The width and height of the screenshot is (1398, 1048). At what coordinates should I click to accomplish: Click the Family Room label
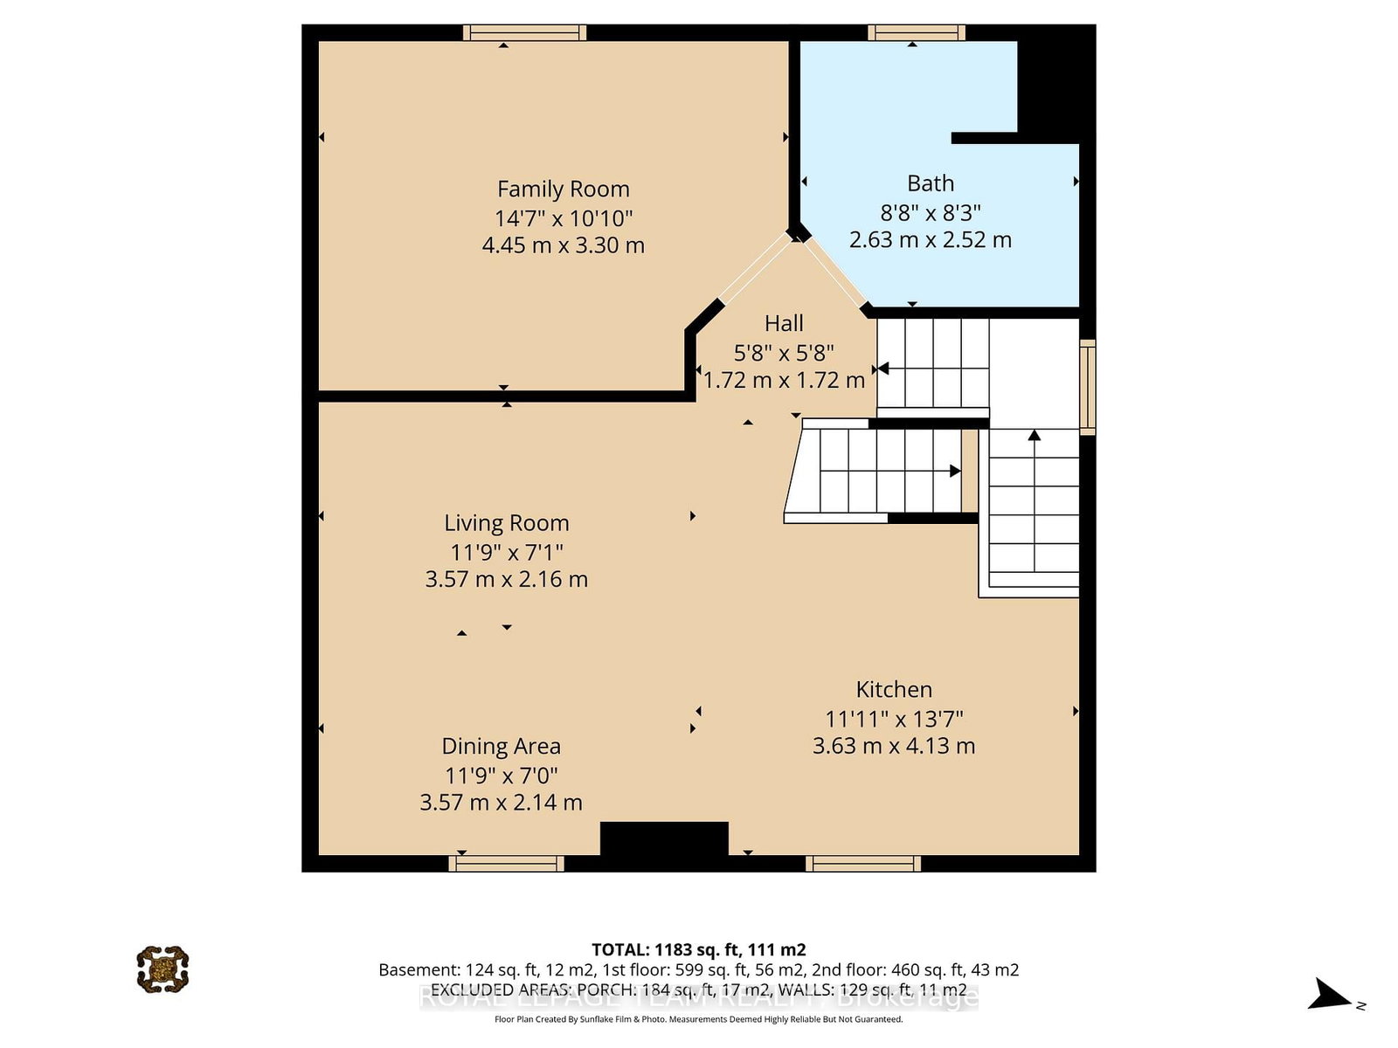pos(563,189)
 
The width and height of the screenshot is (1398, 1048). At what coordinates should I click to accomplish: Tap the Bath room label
pos(930,183)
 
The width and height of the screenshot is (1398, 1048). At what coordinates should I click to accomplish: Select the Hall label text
pos(784,323)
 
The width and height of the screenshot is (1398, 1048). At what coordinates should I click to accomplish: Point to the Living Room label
pos(506,523)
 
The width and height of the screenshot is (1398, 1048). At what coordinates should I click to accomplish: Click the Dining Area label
pos(501,747)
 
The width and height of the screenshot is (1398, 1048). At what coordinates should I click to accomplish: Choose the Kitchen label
pos(894,690)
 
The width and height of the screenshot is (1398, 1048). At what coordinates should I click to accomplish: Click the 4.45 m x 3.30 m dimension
pos(563,245)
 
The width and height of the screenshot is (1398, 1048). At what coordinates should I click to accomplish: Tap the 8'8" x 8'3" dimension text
pos(930,212)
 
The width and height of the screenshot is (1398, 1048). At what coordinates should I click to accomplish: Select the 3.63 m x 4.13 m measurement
pos(894,746)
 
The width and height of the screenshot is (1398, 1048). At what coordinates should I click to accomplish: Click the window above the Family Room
pos(524,33)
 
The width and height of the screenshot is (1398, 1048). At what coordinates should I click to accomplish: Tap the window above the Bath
pos(916,33)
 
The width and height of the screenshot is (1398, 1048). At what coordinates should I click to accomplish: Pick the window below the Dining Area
pos(506,864)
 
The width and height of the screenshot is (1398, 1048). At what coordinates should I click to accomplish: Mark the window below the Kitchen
pos(862,864)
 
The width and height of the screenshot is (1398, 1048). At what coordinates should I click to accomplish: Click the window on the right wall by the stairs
pos(1087,387)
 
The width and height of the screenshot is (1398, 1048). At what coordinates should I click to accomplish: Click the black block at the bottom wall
pos(664,839)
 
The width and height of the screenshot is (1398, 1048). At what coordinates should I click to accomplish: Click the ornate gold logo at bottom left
pos(163,969)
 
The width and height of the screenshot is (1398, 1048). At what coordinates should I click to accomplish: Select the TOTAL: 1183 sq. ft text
pos(698,949)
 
